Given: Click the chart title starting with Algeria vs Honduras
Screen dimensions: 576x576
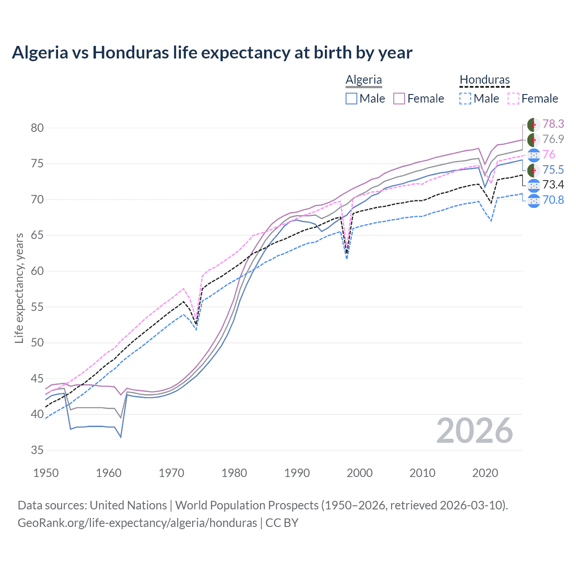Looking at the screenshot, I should click(x=212, y=53).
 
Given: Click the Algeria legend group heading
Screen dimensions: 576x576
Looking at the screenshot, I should click(x=364, y=80).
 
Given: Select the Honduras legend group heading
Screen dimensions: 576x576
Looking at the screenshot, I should click(x=485, y=80).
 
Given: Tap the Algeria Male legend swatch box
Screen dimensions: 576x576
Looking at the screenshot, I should click(x=351, y=99).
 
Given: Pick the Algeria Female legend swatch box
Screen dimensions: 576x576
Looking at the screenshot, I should click(x=400, y=99).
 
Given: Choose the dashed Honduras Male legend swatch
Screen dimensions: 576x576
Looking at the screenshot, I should click(x=466, y=99).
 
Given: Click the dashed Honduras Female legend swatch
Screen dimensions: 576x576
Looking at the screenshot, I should click(x=513, y=99).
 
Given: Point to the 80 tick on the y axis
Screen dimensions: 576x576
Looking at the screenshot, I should click(x=37, y=128).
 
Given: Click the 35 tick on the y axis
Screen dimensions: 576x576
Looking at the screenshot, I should click(x=37, y=450).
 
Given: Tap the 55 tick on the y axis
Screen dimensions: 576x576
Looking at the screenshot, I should click(x=37, y=307).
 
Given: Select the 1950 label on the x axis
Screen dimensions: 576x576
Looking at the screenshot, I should click(x=46, y=473).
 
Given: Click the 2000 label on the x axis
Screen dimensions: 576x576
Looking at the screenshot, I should click(x=360, y=473).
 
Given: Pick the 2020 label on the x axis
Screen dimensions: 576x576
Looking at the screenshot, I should click(x=485, y=473).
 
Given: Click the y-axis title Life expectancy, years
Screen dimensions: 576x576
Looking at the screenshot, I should click(x=19, y=288).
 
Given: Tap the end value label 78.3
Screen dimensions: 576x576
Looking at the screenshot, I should click(x=553, y=124).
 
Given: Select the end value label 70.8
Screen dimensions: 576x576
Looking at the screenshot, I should click(x=553, y=200).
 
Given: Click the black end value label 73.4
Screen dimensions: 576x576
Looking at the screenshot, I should click(x=553, y=184).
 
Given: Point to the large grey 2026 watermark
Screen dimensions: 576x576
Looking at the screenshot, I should click(x=475, y=431).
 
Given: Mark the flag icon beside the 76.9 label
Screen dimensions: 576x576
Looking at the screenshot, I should click(x=534, y=139).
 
